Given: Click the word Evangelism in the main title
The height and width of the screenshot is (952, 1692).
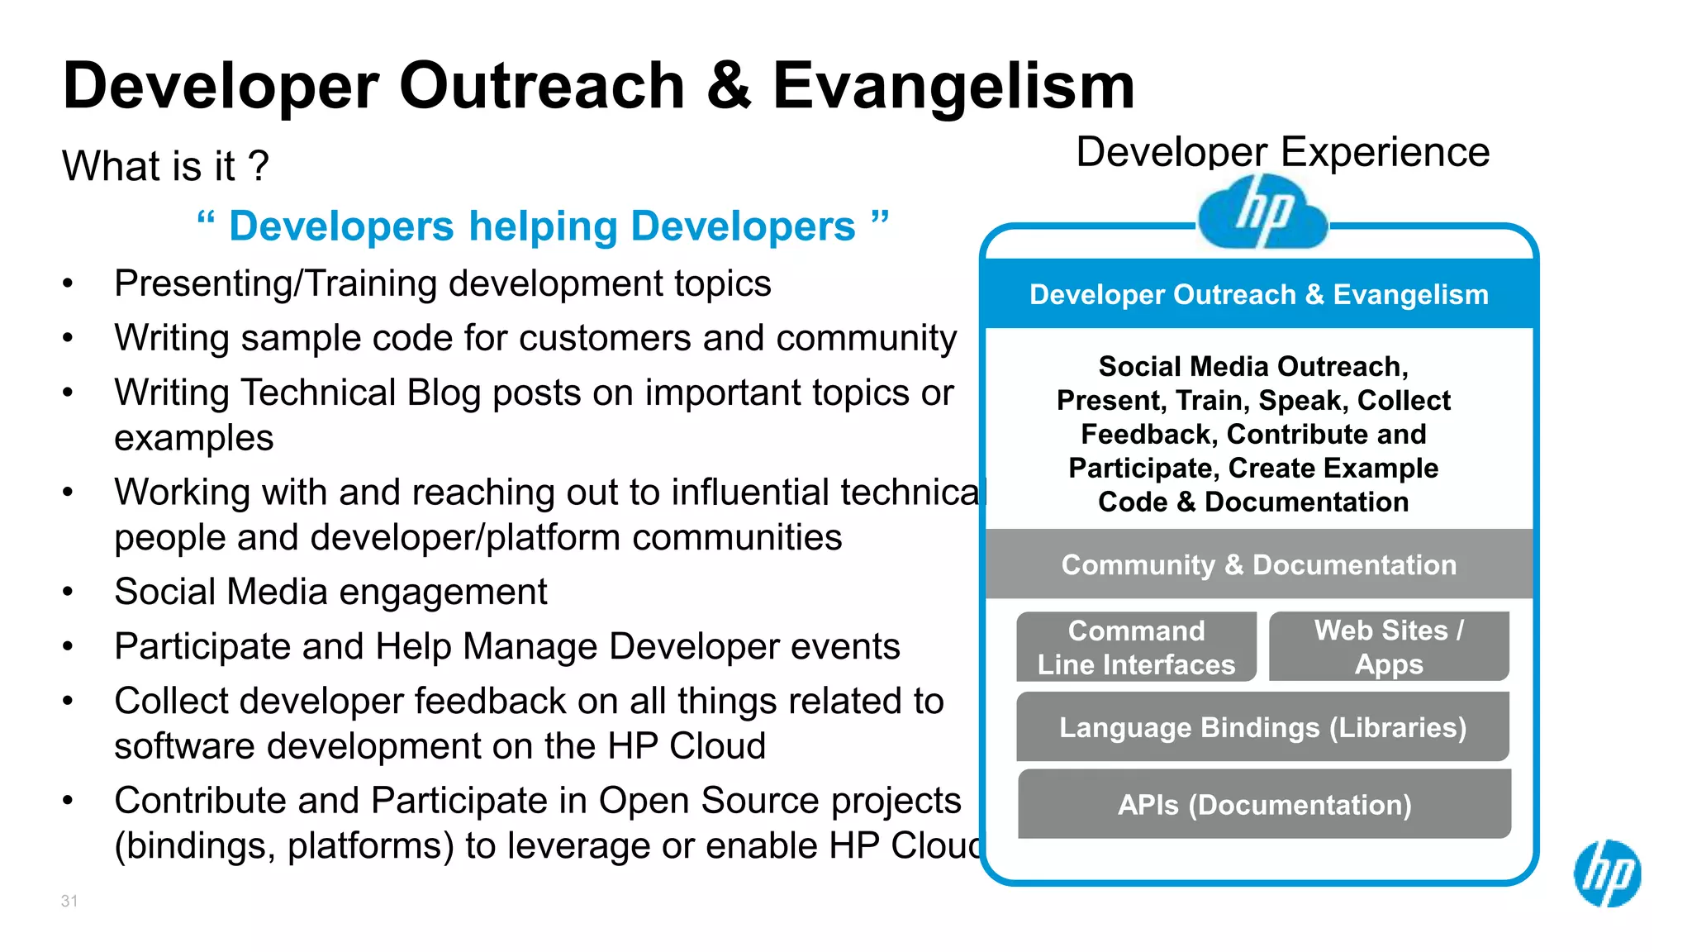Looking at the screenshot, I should point(953,86).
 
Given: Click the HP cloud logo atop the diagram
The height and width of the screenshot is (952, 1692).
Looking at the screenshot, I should point(1262,213).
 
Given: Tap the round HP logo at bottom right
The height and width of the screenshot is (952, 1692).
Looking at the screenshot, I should point(1607,873).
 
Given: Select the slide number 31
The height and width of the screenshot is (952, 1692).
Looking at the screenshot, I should point(69,901).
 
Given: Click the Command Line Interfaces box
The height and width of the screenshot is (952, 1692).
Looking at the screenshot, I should point(1136,647).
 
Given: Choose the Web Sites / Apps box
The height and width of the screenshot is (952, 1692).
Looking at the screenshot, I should point(1389,647).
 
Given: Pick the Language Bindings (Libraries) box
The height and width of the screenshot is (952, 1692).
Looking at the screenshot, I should point(1262,727).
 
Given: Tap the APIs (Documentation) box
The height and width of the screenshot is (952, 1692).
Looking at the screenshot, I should point(1264,804).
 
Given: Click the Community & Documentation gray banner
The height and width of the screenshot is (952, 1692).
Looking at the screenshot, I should point(1259,564).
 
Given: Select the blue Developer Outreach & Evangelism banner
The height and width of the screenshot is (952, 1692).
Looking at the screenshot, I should point(1259,294).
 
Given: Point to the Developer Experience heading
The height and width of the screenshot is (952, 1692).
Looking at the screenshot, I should point(1282,152).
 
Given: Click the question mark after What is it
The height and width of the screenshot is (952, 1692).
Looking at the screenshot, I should point(259,166).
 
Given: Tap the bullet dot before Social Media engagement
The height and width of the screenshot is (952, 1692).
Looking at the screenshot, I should point(69,593).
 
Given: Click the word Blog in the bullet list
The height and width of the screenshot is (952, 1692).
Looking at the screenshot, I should point(444,393).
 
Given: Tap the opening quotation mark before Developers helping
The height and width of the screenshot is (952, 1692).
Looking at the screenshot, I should point(206,221).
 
